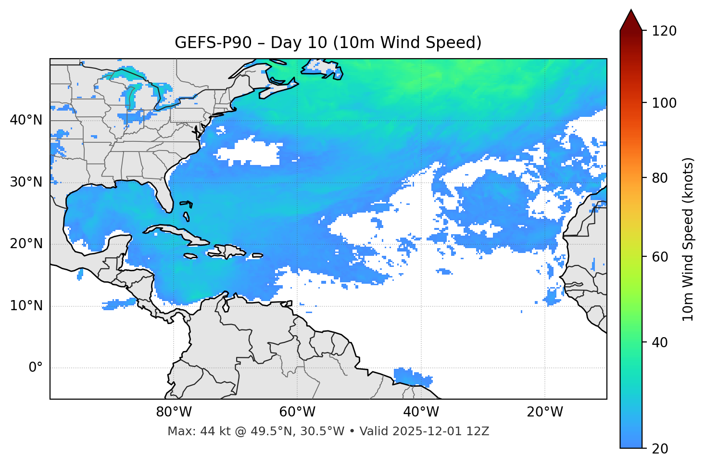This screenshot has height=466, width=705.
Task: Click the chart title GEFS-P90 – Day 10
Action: [327, 43]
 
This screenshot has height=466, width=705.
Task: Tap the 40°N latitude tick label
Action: [26, 120]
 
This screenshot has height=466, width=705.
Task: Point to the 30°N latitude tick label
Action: [26, 182]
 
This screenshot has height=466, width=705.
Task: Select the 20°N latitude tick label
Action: [26, 244]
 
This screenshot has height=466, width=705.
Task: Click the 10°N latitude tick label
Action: [26, 306]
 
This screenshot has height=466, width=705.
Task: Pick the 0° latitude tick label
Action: [35, 368]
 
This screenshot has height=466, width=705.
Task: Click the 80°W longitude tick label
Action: [174, 412]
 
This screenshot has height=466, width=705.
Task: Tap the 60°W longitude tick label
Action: [297, 412]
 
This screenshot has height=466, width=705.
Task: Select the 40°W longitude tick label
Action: [421, 412]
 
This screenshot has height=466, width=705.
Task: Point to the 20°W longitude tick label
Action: [544, 412]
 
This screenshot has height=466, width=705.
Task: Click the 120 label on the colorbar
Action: [665, 31]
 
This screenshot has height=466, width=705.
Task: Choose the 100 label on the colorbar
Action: [665, 103]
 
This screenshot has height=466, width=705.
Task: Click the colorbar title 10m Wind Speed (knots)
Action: [688, 239]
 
